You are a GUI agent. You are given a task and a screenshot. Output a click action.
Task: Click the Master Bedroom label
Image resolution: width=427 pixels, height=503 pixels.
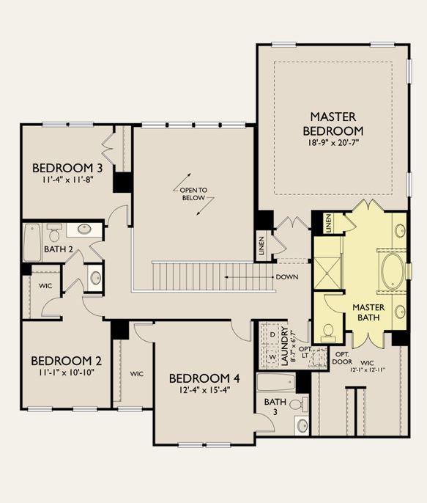(333, 124)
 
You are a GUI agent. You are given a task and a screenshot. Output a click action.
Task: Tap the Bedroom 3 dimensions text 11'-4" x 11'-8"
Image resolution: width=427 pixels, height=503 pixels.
(67, 180)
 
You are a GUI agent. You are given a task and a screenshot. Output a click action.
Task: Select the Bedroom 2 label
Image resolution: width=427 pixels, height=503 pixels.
(67, 361)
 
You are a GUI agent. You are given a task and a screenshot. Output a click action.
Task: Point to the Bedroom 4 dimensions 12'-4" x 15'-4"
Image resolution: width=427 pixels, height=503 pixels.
(204, 390)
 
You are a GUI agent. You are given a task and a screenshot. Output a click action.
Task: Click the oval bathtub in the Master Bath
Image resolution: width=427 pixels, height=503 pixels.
(393, 271)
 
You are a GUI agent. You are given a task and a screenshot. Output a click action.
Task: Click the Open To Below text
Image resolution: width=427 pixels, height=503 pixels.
(193, 194)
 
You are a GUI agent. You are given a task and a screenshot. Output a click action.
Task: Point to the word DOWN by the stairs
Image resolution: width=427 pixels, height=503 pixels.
(287, 277)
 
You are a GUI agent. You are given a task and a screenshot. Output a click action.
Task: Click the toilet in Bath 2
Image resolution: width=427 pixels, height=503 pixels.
(54, 232)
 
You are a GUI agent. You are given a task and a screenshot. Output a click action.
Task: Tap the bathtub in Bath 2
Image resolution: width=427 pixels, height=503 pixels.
(32, 242)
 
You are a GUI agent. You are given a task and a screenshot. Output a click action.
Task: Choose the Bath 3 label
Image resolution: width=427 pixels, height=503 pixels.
(275, 406)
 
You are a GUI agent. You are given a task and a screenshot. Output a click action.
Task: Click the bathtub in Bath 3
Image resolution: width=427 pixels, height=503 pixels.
(276, 382)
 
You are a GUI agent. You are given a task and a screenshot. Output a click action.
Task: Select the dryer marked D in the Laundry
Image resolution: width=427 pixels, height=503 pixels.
(272, 334)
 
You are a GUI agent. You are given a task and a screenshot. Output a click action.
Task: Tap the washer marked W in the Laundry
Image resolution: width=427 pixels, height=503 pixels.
(272, 356)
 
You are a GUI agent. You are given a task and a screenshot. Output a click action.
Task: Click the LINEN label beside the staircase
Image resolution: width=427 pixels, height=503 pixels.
(261, 246)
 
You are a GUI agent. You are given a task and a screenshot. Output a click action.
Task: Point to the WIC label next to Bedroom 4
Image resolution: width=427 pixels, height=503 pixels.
(137, 374)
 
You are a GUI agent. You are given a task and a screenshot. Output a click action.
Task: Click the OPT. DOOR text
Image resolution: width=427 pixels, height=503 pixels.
(342, 358)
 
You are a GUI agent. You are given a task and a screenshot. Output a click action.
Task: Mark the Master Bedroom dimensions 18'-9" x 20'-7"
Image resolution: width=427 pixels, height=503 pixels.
(333, 143)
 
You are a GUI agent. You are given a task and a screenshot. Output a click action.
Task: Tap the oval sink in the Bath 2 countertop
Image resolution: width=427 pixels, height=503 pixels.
(84, 229)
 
